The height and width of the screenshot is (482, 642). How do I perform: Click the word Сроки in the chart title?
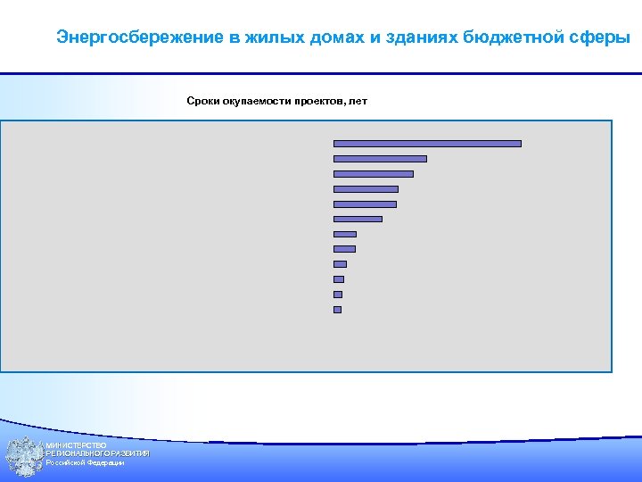202,101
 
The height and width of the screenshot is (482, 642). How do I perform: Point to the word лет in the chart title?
358,101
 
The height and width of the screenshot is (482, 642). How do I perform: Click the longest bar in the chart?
426,143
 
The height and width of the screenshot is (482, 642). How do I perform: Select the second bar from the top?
380,158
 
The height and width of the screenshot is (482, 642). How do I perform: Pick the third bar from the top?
373,173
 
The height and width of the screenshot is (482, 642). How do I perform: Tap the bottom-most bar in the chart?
337,310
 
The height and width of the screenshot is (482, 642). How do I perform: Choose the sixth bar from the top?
357,219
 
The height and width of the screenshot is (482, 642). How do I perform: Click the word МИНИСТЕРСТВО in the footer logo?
77,445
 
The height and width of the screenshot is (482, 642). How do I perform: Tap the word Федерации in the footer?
105,462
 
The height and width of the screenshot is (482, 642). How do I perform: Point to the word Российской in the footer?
65,462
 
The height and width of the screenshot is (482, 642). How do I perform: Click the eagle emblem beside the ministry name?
23,455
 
